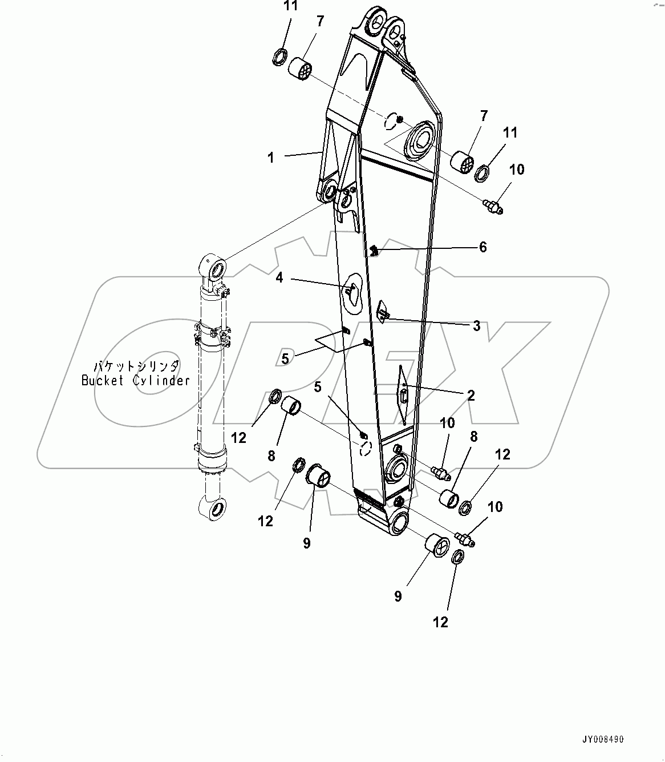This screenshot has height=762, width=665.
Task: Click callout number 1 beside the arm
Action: point(271,158)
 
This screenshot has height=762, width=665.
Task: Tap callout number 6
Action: point(482,247)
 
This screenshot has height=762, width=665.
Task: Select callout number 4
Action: point(279,278)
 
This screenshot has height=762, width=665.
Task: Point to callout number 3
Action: point(476,326)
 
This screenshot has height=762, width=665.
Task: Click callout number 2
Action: point(471,395)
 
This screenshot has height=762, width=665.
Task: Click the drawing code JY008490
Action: point(603,739)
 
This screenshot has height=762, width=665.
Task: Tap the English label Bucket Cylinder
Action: point(135,381)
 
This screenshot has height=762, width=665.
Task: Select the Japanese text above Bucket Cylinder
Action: point(136,366)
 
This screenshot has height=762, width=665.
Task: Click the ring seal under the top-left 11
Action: point(279,57)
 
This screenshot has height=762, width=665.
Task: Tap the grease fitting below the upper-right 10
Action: point(493,206)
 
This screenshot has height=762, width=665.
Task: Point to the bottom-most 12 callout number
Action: point(441,622)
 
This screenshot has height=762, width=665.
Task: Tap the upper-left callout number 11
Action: point(291,7)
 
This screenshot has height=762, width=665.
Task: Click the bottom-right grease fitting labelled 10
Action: point(465,538)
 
